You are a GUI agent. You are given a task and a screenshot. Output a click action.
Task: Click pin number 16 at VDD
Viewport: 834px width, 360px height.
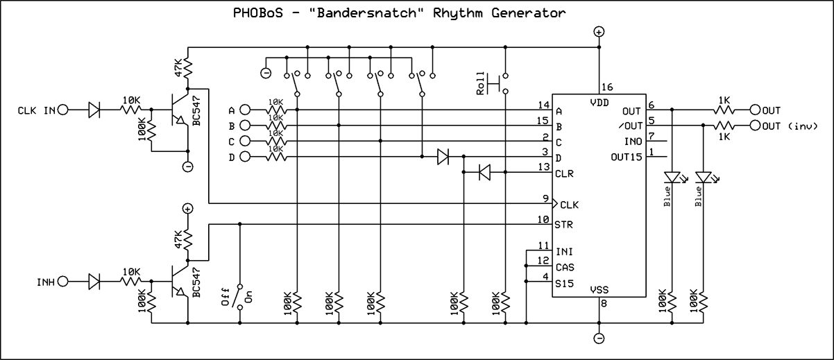click(x=607, y=87)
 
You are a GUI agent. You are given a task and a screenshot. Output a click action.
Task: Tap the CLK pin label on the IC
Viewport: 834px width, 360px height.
click(x=568, y=205)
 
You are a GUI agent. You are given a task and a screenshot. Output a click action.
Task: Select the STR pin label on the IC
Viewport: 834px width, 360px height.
click(x=563, y=224)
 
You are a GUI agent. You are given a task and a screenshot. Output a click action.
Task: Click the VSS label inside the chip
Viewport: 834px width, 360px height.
click(x=599, y=290)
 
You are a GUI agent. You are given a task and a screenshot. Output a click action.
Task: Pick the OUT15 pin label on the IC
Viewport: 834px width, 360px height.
click(x=626, y=157)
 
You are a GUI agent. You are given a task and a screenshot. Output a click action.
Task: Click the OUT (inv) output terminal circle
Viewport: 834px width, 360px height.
click(x=755, y=126)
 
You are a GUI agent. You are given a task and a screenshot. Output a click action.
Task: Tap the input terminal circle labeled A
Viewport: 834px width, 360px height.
click(x=244, y=110)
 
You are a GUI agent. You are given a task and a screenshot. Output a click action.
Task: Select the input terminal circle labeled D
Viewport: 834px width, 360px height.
click(x=244, y=157)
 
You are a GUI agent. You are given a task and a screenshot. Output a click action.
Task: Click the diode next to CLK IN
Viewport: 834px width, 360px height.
click(x=95, y=110)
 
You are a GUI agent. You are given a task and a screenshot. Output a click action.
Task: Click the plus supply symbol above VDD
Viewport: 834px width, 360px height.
click(x=599, y=32)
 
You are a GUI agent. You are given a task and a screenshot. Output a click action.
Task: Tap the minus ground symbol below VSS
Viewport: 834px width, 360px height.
click(x=599, y=338)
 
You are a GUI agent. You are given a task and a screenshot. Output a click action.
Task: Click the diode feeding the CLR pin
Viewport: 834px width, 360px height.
click(x=485, y=173)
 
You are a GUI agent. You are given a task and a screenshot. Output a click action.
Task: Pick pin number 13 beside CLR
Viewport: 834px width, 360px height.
click(x=545, y=167)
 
